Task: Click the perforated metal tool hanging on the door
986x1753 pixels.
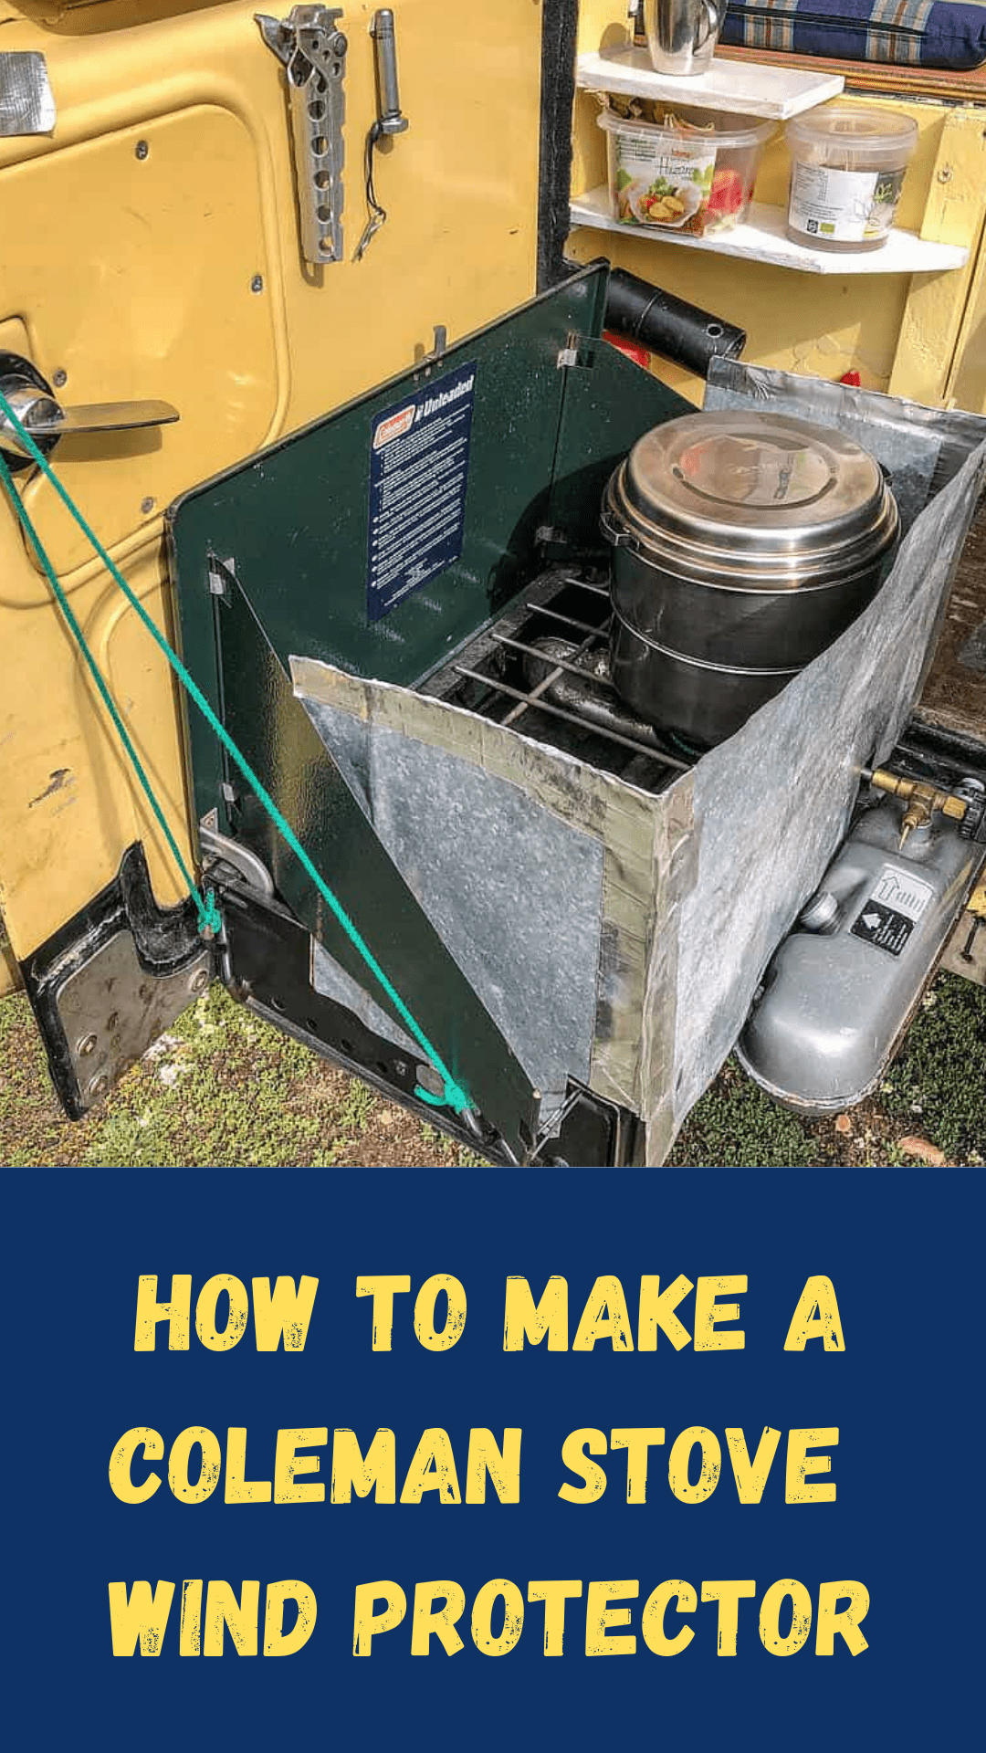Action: click(x=315, y=128)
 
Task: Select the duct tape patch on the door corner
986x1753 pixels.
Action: click(x=25, y=91)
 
